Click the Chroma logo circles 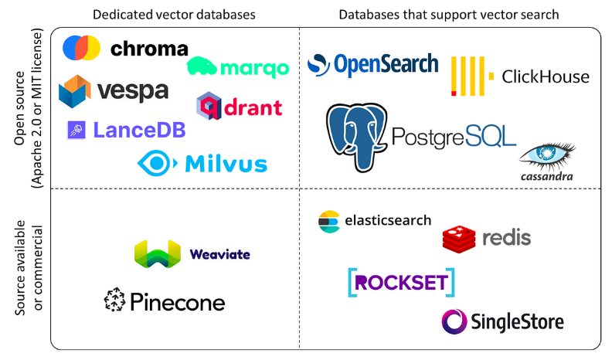pyautogui.click(x=81, y=49)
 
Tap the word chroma pyautogui.click(x=149, y=49)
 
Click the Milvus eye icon pyautogui.click(x=157, y=163)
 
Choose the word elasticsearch pyautogui.click(x=387, y=220)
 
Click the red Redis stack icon pyautogui.click(x=459, y=239)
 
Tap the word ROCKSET pyautogui.click(x=401, y=283)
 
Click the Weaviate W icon pyautogui.click(x=157, y=254)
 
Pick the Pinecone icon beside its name pyautogui.click(x=114, y=301)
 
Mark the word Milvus pyautogui.click(x=226, y=164)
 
